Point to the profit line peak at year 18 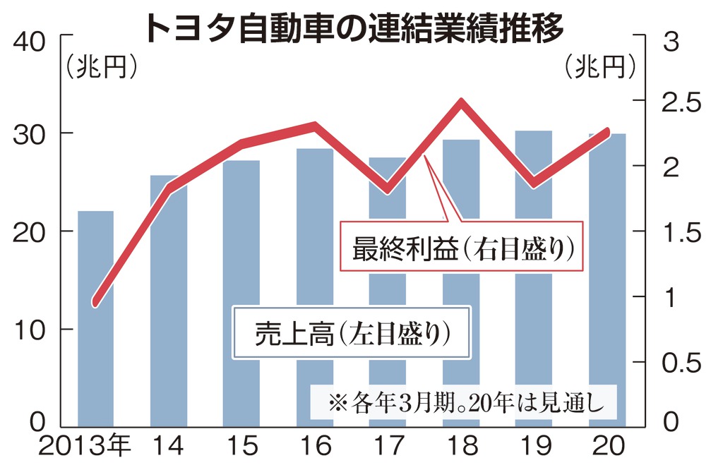click(461, 102)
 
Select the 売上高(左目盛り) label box click(352, 332)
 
